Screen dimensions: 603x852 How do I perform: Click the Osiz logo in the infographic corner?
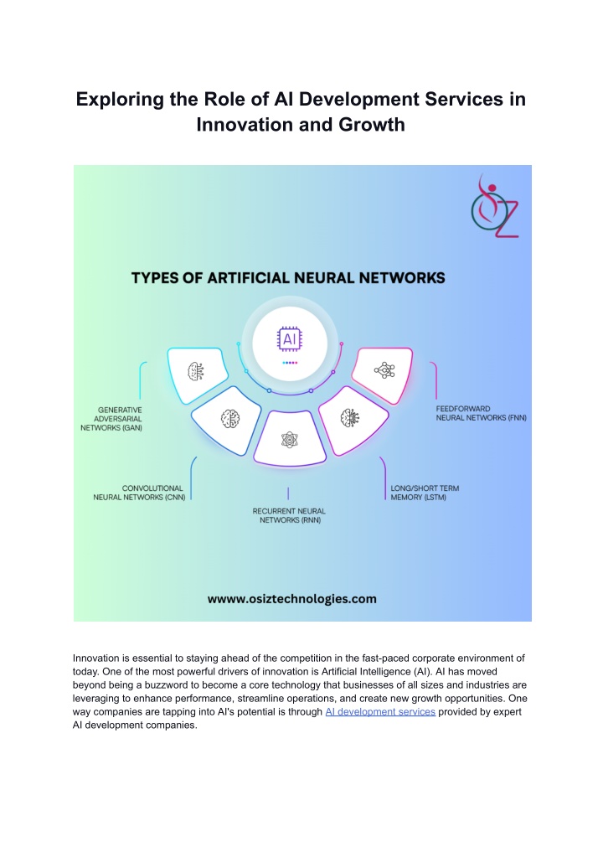[x=494, y=206]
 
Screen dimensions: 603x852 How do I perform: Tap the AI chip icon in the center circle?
[x=290, y=339]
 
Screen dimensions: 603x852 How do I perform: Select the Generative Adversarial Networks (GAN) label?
[x=111, y=419]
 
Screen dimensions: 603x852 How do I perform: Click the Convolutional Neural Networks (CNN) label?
[x=139, y=493]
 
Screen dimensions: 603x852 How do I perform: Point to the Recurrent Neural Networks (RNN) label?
[x=289, y=516]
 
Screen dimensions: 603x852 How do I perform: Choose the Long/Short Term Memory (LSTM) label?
[x=425, y=493]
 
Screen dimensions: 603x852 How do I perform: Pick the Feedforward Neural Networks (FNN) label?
[x=482, y=414]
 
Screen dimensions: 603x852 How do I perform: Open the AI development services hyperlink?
[x=380, y=712]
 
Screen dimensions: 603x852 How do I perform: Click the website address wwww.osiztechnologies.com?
[x=291, y=599]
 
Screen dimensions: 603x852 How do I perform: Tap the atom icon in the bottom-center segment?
[x=290, y=439]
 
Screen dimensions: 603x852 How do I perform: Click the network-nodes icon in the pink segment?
[x=384, y=370]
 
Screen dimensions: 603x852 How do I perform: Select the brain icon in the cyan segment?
[x=196, y=372]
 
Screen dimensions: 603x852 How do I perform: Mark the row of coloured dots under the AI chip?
[x=290, y=363]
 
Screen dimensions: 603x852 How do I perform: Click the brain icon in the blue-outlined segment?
[x=230, y=418]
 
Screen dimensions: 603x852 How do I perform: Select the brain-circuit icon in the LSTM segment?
[x=349, y=418]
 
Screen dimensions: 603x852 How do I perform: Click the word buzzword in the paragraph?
[x=165, y=685]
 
